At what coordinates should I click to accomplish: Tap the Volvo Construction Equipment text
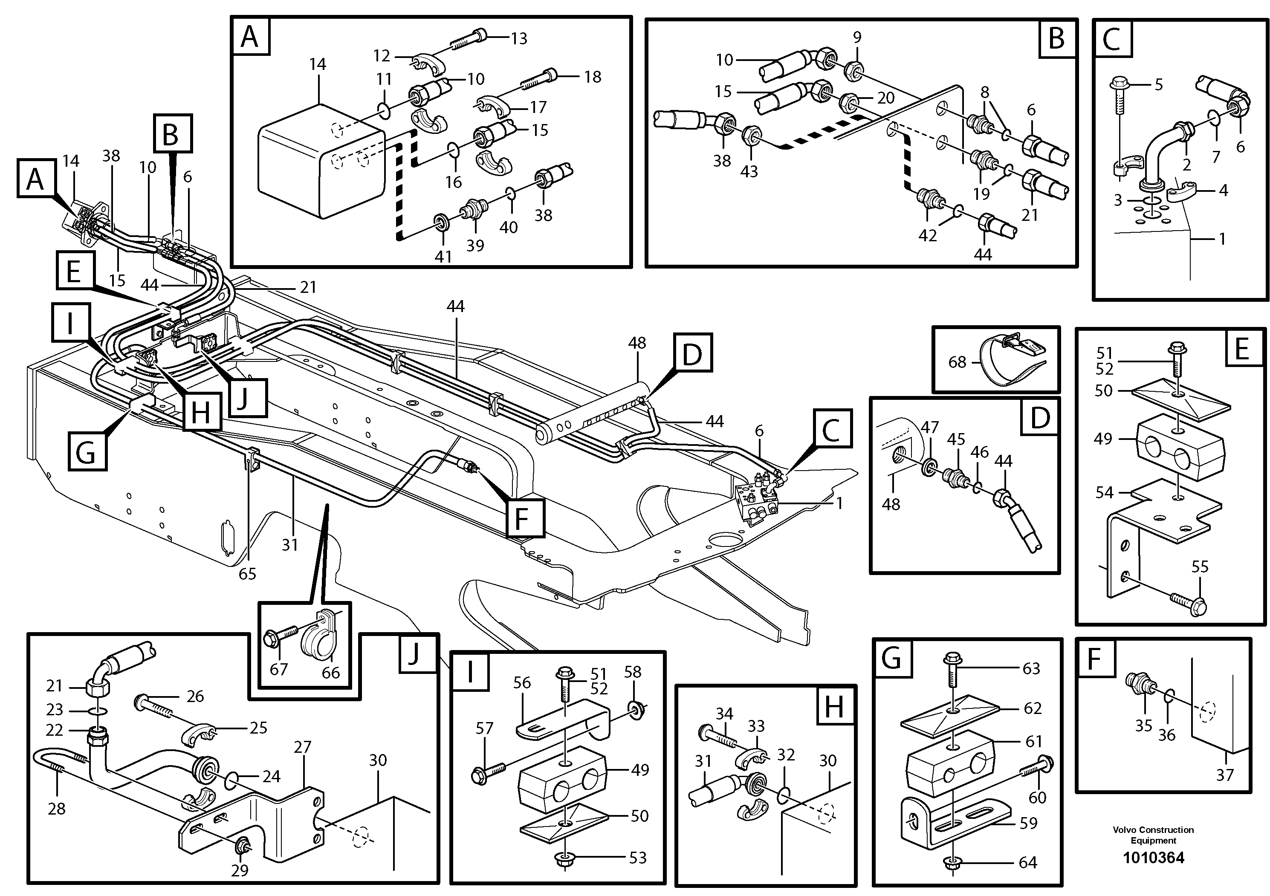tap(1153, 835)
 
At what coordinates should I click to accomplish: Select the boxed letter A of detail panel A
tap(250, 37)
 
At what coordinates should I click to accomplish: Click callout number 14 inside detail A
tap(318, 64)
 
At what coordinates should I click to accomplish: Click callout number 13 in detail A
tap(519, 38)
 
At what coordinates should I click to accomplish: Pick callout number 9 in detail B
tap(857, 37)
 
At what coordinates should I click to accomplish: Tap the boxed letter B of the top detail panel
tap(1056, 38)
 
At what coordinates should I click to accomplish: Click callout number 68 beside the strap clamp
tap(957, 362)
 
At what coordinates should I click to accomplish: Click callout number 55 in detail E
tap(1200, 567)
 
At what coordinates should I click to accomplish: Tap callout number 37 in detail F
tap(1225, 775)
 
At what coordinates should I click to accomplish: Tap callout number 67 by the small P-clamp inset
tap(278, 669)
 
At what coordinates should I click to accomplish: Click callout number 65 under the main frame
tap(247, 574)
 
